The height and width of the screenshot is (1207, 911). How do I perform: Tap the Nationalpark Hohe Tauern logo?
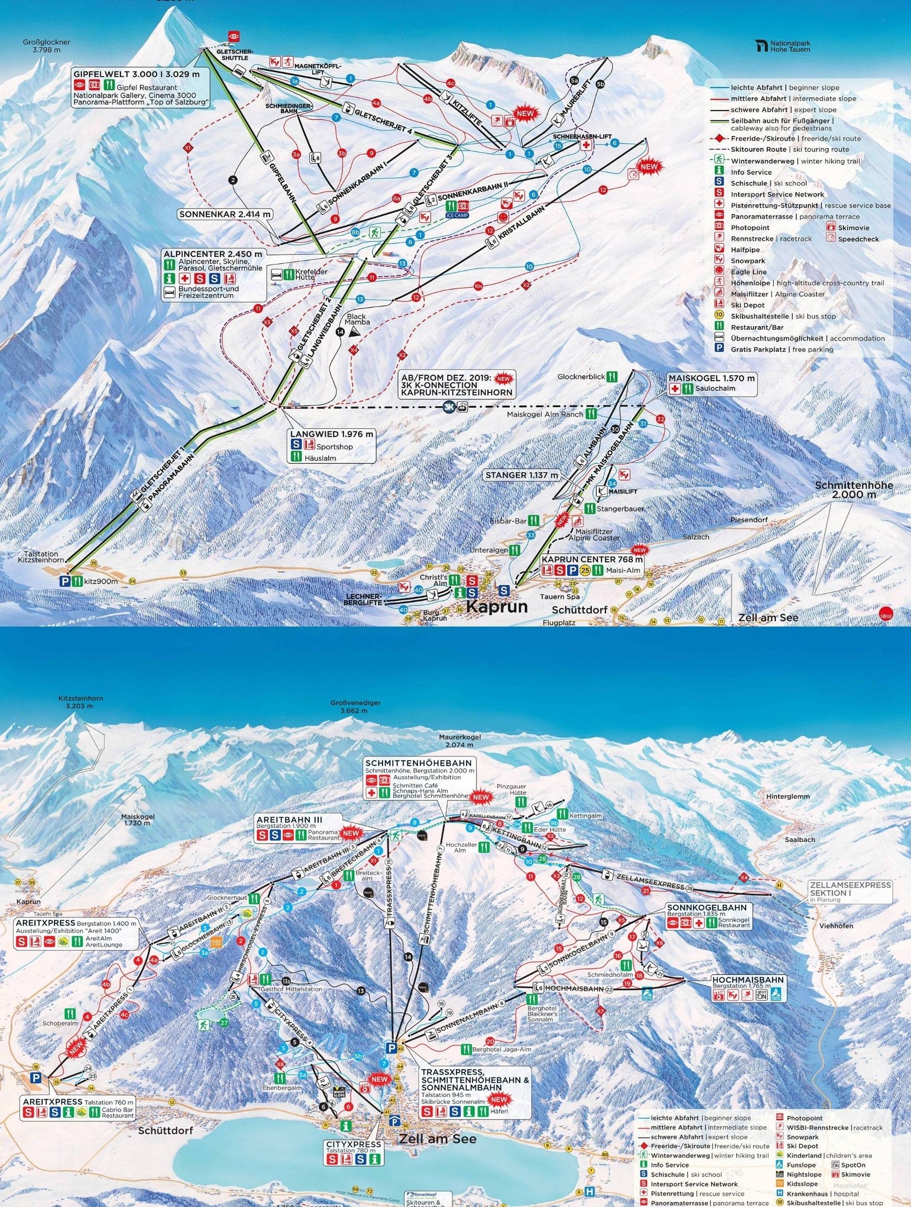point(782,46)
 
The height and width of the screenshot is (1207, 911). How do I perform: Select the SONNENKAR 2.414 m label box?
point(226,215)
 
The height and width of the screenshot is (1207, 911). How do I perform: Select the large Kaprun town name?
point(496,606)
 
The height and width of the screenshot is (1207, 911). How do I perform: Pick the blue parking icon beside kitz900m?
point(65,581)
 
